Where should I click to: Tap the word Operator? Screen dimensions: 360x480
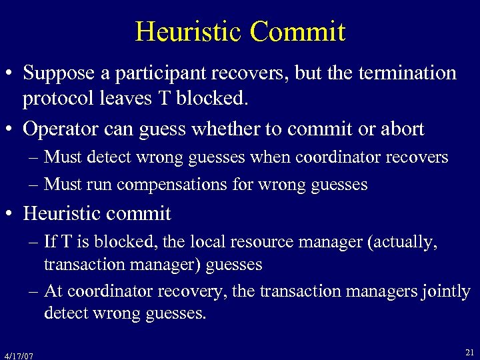57,129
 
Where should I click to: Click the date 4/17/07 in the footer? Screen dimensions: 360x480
18,355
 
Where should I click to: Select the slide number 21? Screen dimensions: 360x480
469,351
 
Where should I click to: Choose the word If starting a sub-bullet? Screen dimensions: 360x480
49,243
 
